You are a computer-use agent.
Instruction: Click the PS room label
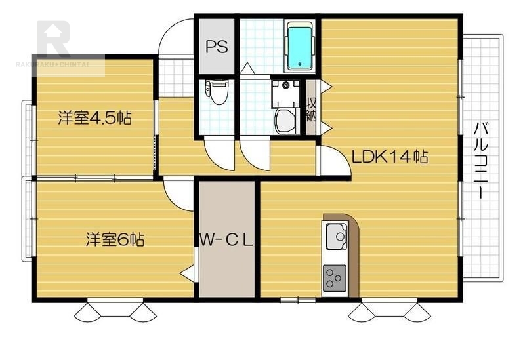click(217, 47)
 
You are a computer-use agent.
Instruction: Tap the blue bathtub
click(300, 47)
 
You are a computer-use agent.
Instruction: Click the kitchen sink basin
click(337, 236)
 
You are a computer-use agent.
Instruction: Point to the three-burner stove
click(334, 277)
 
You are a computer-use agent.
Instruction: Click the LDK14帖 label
click(389, 156)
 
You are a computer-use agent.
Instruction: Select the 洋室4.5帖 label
click(94, 118)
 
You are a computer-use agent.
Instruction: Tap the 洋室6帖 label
click(115, 239)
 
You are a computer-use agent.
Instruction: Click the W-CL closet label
click(226, 240)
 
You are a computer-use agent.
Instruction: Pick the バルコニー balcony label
click(481, 161)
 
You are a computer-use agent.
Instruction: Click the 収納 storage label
click(311, 108)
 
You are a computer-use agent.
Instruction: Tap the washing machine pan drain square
click(285, 93)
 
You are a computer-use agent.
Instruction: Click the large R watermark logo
click(54, 39)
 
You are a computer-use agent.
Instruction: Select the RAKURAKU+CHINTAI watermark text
click(52, 64)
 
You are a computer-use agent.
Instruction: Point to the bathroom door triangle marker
click(247, 68)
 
